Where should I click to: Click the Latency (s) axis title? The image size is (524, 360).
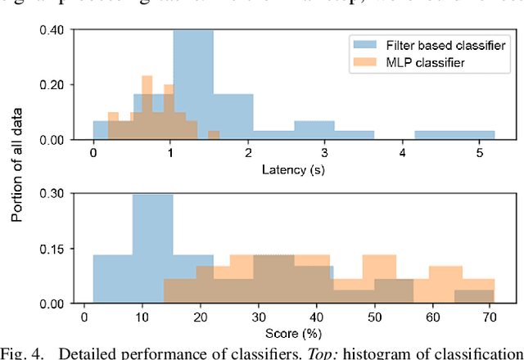point(293,169)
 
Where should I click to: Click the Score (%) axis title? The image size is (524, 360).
point(293,333)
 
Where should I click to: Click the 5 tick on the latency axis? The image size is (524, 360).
point(479,154)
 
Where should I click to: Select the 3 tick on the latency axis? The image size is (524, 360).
point(325,154)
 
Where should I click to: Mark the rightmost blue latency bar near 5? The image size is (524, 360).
point(454,135)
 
